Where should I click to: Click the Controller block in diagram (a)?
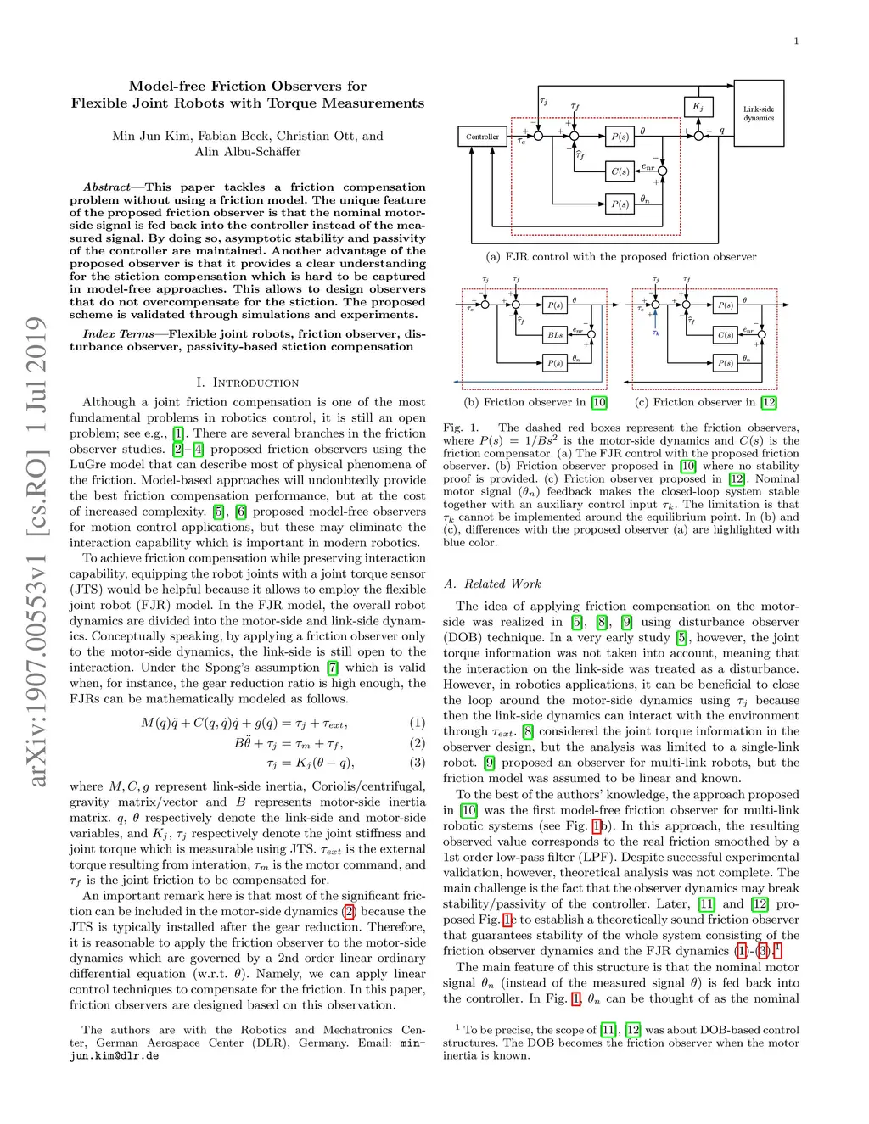click(482, 137)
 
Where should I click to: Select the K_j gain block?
click(698, 107)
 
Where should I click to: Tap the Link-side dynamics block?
click(759, 114)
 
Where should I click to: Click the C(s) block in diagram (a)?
click(620, 171)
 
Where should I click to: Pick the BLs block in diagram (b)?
click(555, 334)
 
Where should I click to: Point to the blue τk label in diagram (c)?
click(655, 333)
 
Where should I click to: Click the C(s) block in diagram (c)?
click(726, 334)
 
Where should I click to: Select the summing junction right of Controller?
click(536, 137)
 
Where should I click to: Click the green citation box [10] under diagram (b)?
click(599, 402)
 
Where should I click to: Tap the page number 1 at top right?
click(796, 42)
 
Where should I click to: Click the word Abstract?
click(107, 187)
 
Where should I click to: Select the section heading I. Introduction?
click(247, 383)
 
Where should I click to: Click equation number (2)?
click(418, 743)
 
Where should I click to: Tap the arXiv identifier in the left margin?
click(35, 551)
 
